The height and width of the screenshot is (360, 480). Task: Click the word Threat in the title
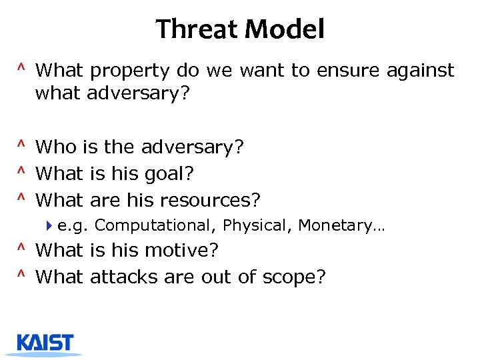pyautogui.click(x=197, y=30)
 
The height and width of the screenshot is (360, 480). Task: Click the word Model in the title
pyautogui.click(x=284, y=30)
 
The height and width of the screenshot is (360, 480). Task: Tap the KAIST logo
pyautogui.click(x=45, y=343)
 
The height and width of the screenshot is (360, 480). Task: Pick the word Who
pyautogui.click(x=57, y=147)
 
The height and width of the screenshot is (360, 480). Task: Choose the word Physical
pyautogui.click(x=257, y=226)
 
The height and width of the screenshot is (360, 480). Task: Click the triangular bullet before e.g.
pyautogui.click(x=51, y=226)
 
